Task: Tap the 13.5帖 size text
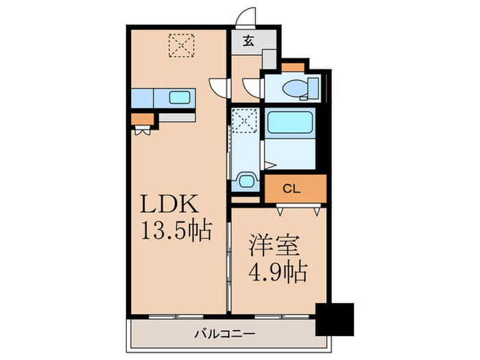click(176, 228)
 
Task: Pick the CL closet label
click(291, 187)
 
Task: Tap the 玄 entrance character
click(248, 40)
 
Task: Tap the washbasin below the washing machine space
click(245, 182)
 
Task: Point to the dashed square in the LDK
click(181, 45)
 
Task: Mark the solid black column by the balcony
click(333, 318)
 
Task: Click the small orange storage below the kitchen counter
click(143, 120)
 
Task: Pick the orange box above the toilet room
click(294, 67)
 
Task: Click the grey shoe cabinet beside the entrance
click(269, 58)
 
